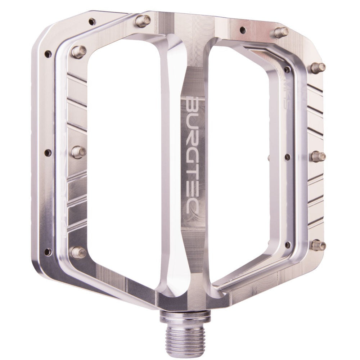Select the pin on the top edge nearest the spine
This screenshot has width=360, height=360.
tap(143, 21)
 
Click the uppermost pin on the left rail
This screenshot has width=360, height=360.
tap(78, 51)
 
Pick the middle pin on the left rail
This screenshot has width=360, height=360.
tap(78, 152)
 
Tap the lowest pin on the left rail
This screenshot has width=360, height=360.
tap(78, 252)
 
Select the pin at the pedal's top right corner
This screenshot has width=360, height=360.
tap(281, 32)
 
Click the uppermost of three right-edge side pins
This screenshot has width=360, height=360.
tap(318, 67)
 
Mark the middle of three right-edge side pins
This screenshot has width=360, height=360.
tap(318, 157)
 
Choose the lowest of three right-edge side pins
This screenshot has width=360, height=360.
tap(319, 246)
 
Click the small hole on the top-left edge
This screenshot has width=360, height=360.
tap(92, 22)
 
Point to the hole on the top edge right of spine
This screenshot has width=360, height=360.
tap(243, 30)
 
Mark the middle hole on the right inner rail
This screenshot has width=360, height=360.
tap(287, 157)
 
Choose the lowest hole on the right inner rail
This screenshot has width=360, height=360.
tap(287, 245)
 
